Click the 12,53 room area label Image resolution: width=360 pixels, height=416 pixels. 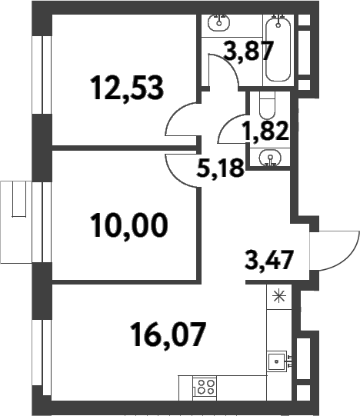[128, 88]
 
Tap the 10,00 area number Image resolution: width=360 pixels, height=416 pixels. [128, 226]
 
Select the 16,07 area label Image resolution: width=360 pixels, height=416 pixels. [167, 334]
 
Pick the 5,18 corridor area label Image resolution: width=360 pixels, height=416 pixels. [221, 167]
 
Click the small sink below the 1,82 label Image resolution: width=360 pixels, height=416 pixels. [269, 158]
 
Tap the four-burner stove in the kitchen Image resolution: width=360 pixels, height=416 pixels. [203, 387]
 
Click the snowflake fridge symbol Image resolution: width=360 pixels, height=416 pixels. [278, 295]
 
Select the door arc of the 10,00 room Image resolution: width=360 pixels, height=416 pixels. [182, 164]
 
